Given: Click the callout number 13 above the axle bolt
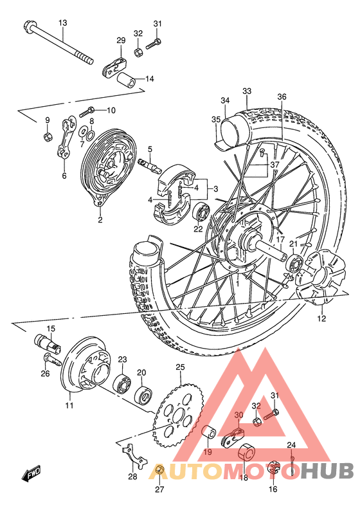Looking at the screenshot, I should coord(62,23).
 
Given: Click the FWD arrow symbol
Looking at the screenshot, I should coord(31,475).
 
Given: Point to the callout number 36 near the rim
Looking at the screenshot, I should coord(282,97).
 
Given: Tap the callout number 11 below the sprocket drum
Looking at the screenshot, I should coord(69,405).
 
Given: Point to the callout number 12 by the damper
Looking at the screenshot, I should coord(321,318).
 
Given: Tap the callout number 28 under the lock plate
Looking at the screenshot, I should coord(132,477).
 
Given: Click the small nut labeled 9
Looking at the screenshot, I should coord(47,136).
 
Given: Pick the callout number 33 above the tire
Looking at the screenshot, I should coord(247,91).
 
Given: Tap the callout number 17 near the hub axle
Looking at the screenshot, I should coord(280,241).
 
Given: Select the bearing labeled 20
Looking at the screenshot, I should coord(143,392).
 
